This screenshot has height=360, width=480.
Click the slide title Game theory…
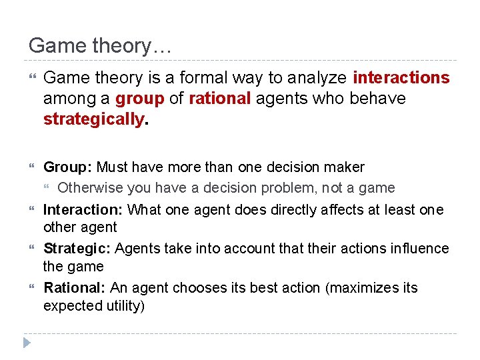point(101,46)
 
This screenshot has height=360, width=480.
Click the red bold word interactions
point(401,78)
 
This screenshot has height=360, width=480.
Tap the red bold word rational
point(220,99)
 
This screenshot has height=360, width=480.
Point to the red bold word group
point(139,99)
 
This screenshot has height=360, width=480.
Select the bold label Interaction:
point(83,210)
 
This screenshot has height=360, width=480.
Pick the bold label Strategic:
point(77,249)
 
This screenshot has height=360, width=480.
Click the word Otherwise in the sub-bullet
point(89,188)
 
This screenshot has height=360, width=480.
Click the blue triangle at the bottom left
point(27,343)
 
